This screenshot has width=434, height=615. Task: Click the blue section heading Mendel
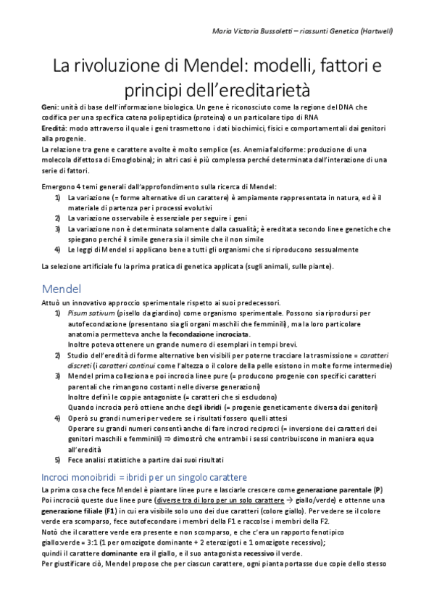[63, 288]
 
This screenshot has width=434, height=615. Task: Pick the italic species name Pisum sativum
[91, 312]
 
